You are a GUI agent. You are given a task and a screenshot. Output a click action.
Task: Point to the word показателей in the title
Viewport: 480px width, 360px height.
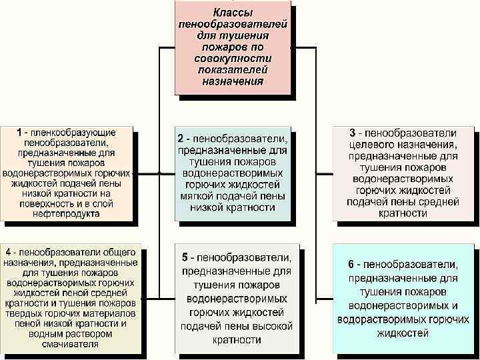point(233,70)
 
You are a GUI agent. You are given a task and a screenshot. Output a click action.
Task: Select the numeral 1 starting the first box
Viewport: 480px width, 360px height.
point(20,133)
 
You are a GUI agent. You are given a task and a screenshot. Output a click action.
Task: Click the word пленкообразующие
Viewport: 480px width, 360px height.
point(74,133)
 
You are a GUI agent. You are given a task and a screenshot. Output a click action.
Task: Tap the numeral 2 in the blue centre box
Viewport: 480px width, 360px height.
point(180,139)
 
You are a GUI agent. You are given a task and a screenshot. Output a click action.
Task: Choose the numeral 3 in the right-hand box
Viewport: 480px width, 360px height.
point(353,133)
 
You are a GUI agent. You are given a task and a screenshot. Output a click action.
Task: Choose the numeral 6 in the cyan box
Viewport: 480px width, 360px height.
point(351,264)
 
